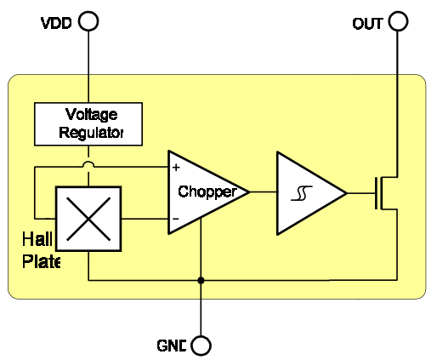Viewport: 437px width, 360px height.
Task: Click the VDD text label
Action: (56, 23)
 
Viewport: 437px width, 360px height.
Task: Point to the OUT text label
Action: (367, 24)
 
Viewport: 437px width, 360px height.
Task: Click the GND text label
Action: (172, 346)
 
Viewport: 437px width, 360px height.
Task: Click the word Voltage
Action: (91, 115)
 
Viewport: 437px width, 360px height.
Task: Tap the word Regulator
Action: (91, 133)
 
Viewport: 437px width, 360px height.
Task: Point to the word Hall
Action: (37, 239)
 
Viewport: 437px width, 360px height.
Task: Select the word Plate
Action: (41, 261)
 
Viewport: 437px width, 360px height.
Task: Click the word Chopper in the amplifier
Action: (207, 192)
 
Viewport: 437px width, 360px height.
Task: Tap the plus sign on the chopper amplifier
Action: (176, 168)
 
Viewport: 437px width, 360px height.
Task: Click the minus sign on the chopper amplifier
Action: (176, 219)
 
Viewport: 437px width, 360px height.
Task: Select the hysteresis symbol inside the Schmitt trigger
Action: (302, 193)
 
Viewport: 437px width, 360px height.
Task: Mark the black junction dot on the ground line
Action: (201, 280)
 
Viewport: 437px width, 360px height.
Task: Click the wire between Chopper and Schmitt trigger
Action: (264, 192)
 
